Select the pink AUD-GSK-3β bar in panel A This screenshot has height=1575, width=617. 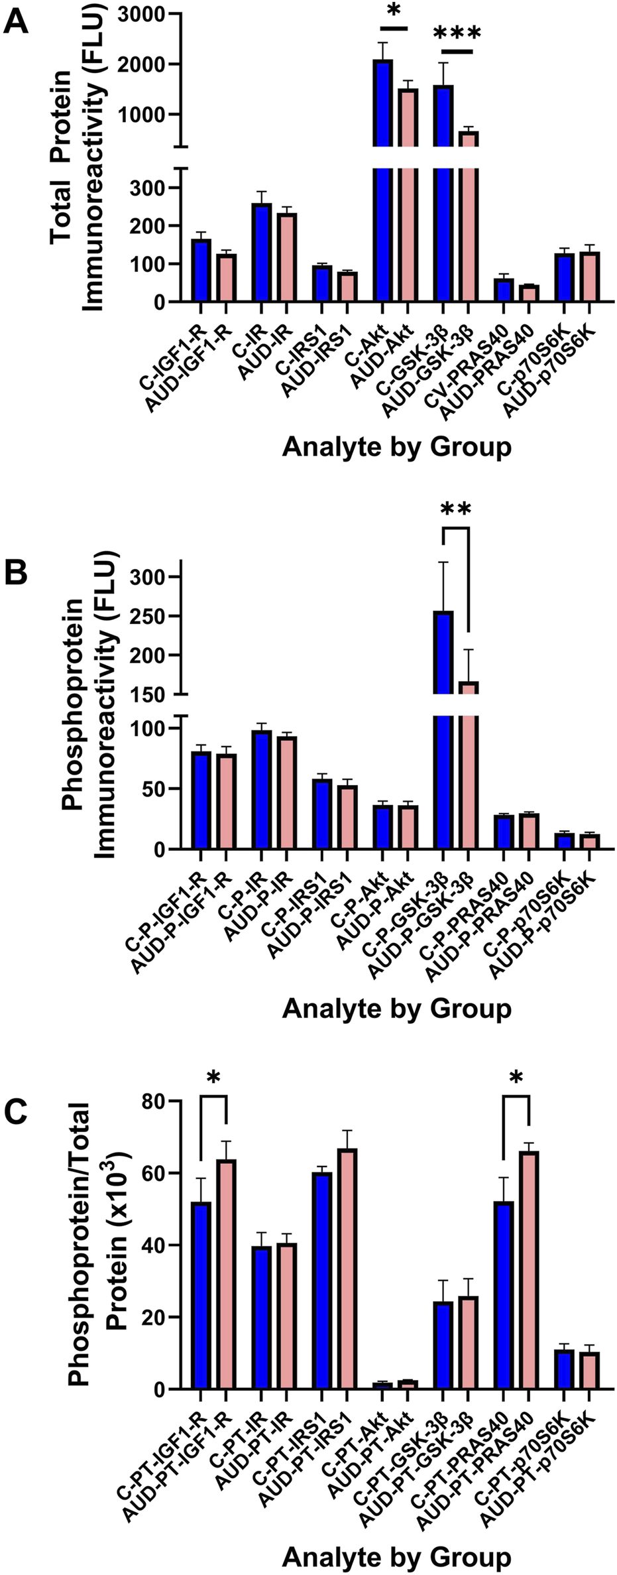(x=469, y=219)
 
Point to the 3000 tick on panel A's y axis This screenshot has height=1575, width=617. (x=148, y=14)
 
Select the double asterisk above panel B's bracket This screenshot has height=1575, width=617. (x=455, y=510)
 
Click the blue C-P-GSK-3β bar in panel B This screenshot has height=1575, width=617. (x=443, y=729)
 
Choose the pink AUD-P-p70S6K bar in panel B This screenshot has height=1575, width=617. (x=589, y=841)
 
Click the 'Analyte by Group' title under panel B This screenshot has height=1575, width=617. (x=396, y=1009)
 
